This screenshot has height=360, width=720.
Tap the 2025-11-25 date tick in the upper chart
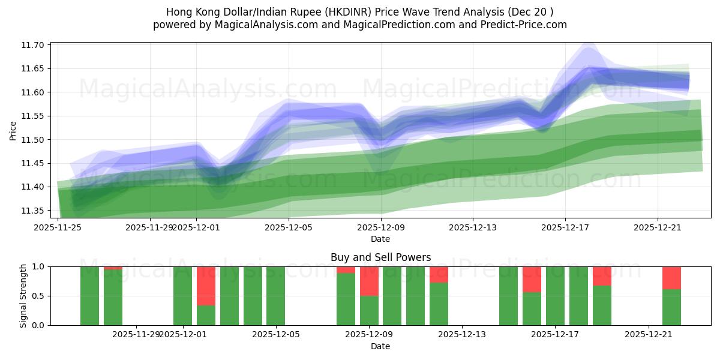click(58, 227)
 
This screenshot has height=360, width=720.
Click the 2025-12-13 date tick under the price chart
click(473, 227)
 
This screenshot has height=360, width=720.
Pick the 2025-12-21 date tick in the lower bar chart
click(649, 334)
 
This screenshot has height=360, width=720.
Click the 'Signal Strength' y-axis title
click(23, 296)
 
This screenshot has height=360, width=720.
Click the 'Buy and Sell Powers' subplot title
click(380, 257)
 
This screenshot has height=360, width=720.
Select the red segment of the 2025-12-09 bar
click(369, 281)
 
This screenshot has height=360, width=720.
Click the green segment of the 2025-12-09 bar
click(369, 310)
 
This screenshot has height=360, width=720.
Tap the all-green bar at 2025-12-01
click(182, 296)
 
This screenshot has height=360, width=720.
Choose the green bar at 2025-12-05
click(275, 296)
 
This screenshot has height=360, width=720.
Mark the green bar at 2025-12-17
click(555, 296)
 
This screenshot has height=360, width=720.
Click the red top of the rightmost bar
click(671, 278)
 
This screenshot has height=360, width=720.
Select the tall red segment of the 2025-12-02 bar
click(206, 286)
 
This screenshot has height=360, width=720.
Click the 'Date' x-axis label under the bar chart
click(380, 346)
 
